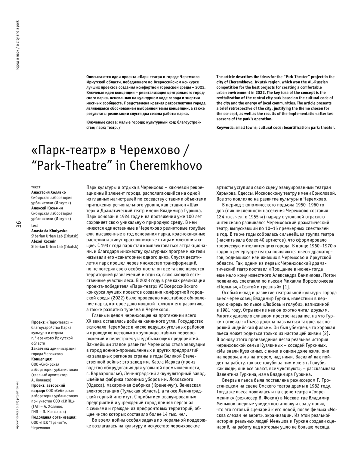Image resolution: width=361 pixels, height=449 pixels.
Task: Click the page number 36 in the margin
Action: [19, 224]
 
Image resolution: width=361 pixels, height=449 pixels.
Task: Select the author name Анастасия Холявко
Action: [48, 192]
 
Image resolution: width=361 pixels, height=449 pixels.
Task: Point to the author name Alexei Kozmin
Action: [44, 241]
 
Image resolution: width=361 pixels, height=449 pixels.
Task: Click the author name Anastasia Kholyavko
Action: [49, 231]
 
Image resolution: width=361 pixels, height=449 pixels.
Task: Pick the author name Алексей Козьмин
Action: [47, 208]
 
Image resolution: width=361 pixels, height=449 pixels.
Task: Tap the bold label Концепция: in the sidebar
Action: [42, 359]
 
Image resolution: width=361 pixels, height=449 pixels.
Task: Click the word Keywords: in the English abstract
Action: [226, 127]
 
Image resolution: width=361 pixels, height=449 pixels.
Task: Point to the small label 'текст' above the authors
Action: [36, 187]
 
